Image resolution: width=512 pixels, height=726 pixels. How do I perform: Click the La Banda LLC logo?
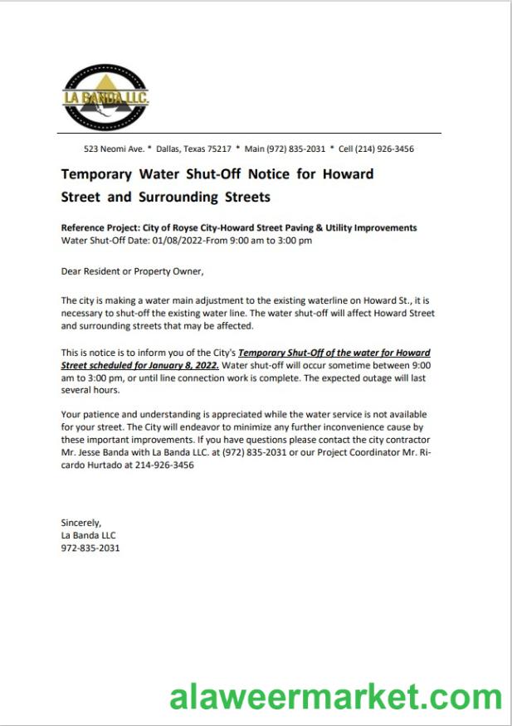[105, 98]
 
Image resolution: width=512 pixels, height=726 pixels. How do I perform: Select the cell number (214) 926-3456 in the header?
[384, 149]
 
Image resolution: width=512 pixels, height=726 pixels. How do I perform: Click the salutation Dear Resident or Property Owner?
[132, 270]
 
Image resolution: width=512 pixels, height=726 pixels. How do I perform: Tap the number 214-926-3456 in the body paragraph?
[165, 465]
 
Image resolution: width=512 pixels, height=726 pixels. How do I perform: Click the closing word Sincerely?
[80, 524]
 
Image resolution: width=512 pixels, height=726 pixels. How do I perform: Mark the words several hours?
[90, 389]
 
